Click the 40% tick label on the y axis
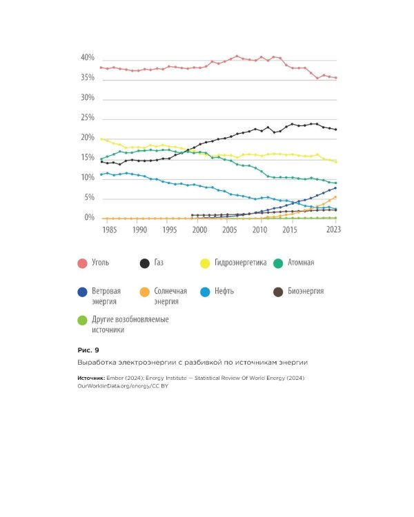(x=88, y=58)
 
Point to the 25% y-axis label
(x=88, y=118)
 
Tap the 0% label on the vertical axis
(x=90, y=218)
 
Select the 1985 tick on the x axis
(x=110, y=230)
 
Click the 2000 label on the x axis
(x=199, y=230)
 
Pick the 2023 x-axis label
(x=333, y=230)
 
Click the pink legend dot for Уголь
(x=82, y=263)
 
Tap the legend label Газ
(x=159, y=263)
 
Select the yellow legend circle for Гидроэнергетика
(x=205, y=263)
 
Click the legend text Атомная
(x=301, y=263)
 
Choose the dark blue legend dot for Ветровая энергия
(x=82, y=292)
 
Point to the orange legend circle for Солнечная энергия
(x=145, y=292)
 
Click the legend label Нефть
(x=224, y=291)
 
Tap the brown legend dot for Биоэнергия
(x=278, y=292)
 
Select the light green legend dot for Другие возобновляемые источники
(x=82, y=321)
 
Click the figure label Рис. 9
(x=88, y=350)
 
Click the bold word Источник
(x=91, y=378)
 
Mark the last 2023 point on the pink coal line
(x=336, y=78)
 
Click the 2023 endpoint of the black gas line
(x=336, y=130)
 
